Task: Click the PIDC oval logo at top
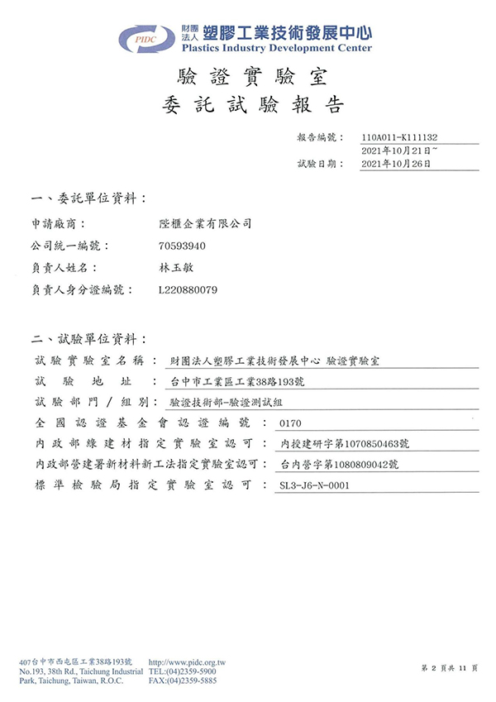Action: [x=147, y=37]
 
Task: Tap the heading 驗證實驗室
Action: [x=253, y=79]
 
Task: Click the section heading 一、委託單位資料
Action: [x=88, y=199]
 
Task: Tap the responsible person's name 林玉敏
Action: [x=174, y=269]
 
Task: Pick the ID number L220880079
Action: [x=188, y=291]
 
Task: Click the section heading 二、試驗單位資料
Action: [x=88, y=339]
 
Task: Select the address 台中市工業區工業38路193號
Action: [x=237, y=381]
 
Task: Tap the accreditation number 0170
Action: [x=292, y=423]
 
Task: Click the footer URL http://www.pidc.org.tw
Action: [x=188, y=662]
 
